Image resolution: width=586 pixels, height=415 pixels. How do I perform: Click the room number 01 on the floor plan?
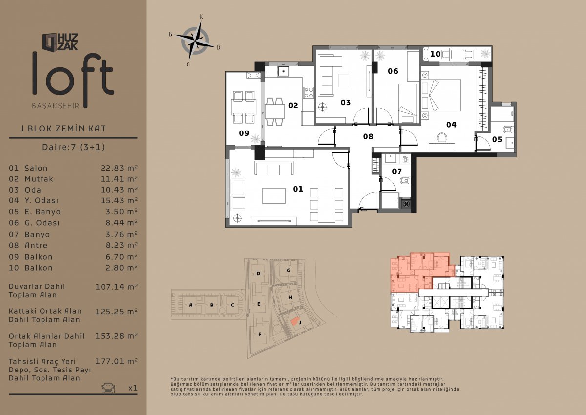298,189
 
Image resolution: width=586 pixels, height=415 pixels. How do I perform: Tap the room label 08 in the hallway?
368,136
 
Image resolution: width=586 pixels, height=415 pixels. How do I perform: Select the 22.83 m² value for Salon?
119,168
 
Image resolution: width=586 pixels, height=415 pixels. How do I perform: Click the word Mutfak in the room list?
39,179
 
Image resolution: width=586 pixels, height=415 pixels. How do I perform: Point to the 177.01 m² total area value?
116,361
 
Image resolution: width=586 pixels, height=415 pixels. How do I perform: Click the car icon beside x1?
108,388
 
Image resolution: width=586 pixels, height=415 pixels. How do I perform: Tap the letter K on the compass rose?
201,17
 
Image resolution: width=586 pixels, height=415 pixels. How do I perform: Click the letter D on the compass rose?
218,47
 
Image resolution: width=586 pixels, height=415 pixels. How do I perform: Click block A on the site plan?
191,305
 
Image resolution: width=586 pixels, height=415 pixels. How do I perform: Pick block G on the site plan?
289,270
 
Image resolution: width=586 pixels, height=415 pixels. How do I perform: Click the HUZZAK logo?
61,42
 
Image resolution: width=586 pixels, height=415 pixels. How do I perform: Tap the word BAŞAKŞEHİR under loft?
56,106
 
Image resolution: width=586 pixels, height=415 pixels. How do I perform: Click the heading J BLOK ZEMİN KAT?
63,129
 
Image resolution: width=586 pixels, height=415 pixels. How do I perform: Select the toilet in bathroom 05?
508,130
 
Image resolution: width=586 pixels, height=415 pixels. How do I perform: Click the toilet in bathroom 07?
406,181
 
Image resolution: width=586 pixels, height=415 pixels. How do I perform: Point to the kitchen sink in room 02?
283,71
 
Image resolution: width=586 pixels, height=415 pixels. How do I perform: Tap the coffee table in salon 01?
274,196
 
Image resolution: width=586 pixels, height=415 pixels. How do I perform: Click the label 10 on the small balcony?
435,54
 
